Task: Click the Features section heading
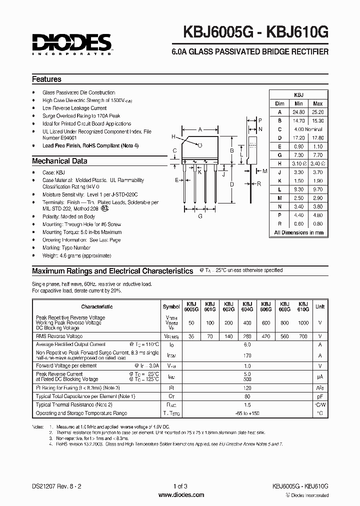46,79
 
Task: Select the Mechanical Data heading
59,161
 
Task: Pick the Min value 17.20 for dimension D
298,137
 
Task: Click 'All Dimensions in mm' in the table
299,232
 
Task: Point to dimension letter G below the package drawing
200,215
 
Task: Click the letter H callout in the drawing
173,136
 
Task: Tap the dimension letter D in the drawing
232,184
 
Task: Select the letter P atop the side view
260,120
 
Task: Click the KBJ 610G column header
302,306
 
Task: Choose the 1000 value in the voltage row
303,323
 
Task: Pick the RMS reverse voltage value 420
265,336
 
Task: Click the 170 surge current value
246,355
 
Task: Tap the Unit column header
319,306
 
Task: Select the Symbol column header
171,306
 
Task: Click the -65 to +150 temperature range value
246,413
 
